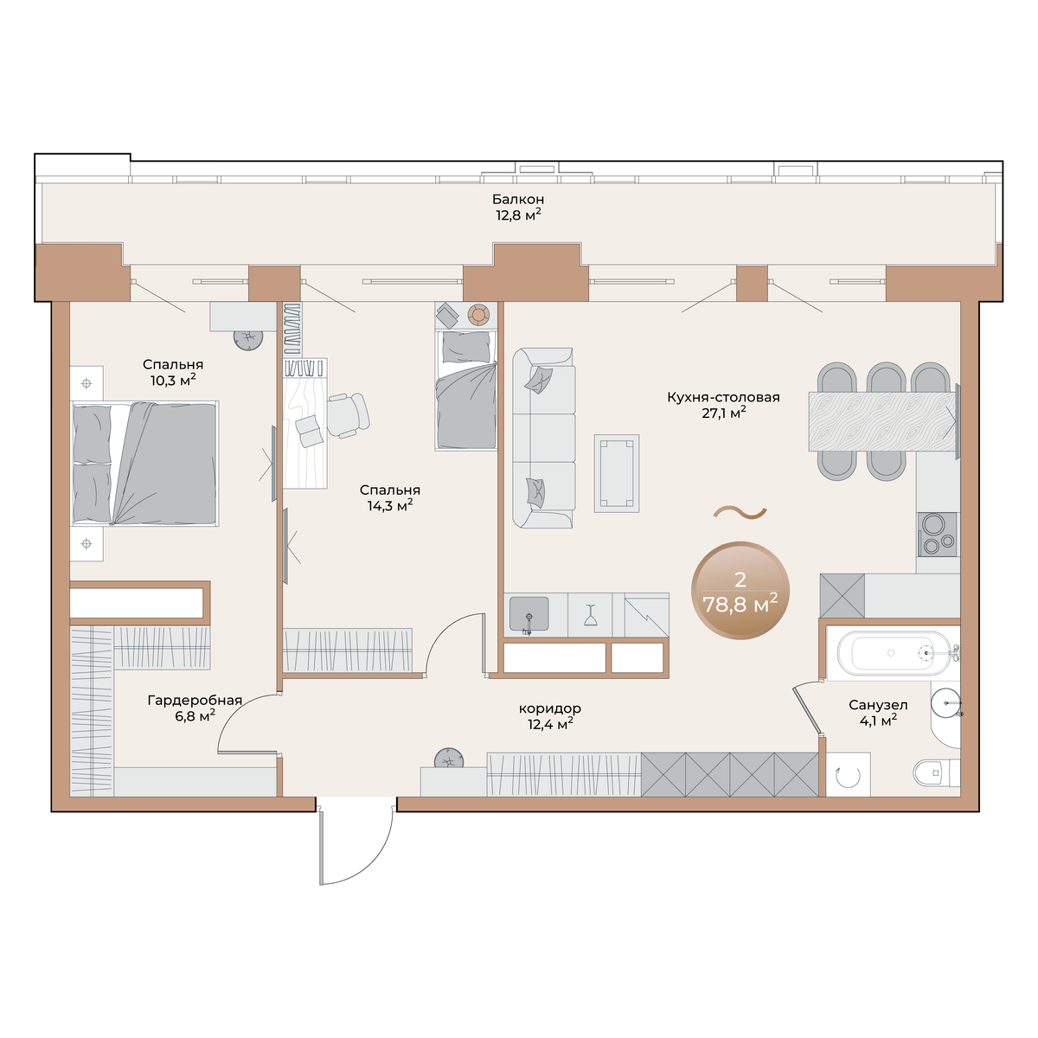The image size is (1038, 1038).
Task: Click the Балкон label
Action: click(517, 199)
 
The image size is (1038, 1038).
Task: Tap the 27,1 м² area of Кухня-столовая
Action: click(723, 413)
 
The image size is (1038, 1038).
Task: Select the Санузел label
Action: click(878, 705)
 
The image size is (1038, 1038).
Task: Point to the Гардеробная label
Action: click(195, 701)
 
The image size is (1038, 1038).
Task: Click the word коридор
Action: click(550, 708)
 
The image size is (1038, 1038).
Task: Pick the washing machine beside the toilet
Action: click(848, 774)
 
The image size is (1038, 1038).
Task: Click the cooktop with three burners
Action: click(938, 535)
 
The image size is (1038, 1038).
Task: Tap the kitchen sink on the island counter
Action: click(529, 613)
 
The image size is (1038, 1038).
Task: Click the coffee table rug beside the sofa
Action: click(616, 473)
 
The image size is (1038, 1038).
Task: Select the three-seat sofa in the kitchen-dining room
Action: click(543, 438)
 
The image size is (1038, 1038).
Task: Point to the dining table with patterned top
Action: click(882, 421)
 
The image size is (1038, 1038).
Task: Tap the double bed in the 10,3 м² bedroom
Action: click(144, 464)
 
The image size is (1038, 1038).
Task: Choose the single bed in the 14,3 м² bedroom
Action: click(466, 390)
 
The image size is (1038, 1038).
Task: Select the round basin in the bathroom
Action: click(945, 702)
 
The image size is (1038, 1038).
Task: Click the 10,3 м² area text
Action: click(172, 381)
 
